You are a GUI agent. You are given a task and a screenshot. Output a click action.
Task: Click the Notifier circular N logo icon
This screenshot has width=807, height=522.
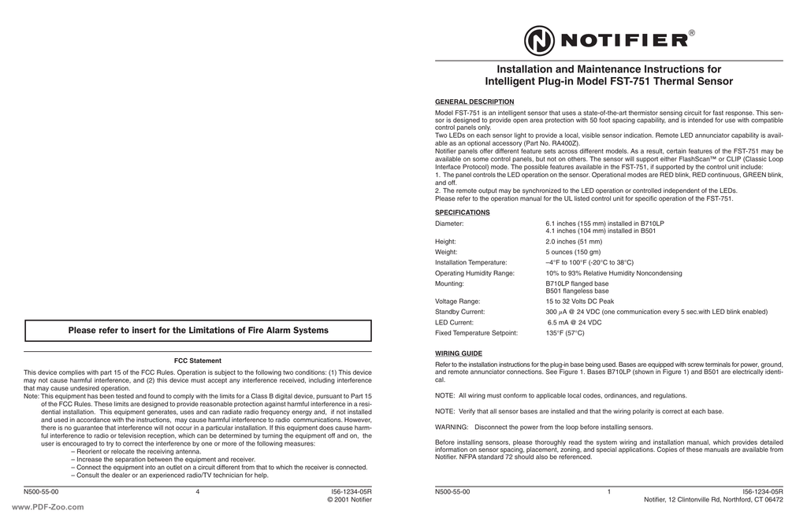pyautogui.click(x=539, y=40)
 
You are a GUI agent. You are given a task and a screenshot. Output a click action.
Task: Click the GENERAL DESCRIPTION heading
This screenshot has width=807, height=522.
pyautogui.click(x=474, y=102)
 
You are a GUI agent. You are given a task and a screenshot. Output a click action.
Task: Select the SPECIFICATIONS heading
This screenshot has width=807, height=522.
pyautogui.click(x=463, y=213)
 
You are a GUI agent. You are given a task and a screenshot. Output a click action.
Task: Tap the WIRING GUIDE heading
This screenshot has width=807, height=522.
pyautogui.click(x=459, y=354)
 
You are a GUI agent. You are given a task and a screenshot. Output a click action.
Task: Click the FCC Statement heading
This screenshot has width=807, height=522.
pyautogui.click(x=198, y=361)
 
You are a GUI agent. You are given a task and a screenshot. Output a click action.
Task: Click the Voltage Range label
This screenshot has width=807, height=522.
pyautogui.click(x=458, y=302)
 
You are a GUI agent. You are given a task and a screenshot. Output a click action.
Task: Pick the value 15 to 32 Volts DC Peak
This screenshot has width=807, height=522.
pyautogui.click(x=579, y=302)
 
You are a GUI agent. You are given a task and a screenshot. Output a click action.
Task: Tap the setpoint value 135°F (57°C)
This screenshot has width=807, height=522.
pyautogui.click(x=565, y=333)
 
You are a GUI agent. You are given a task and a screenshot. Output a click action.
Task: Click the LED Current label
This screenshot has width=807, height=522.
pyautogui.click(x=455, y=322)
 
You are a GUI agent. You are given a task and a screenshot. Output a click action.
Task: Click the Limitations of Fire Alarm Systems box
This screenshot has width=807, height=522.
pyautogui.click(x=198, y=331)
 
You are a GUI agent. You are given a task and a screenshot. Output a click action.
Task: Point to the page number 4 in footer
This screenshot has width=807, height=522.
pyautogui.click(x=198, y=491)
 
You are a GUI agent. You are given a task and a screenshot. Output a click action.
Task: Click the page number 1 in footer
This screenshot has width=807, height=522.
pyautogui.click(x=609, y=491)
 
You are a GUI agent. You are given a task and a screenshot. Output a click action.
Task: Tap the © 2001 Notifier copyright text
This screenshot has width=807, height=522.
pyautogui.click(x=349, y=499)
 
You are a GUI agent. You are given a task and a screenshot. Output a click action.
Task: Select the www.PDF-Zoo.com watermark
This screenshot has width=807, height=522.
pyautogui.click(x=48, y=507)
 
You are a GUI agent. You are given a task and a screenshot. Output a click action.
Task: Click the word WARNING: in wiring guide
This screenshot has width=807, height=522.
pyautogui.click(x=452, y=427)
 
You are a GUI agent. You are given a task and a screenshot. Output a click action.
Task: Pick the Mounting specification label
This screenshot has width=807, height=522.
pyautogui.click(x=449, y=283)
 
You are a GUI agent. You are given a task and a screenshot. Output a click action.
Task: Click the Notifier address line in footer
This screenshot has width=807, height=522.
pyautogui.click(x=713, y=499)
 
